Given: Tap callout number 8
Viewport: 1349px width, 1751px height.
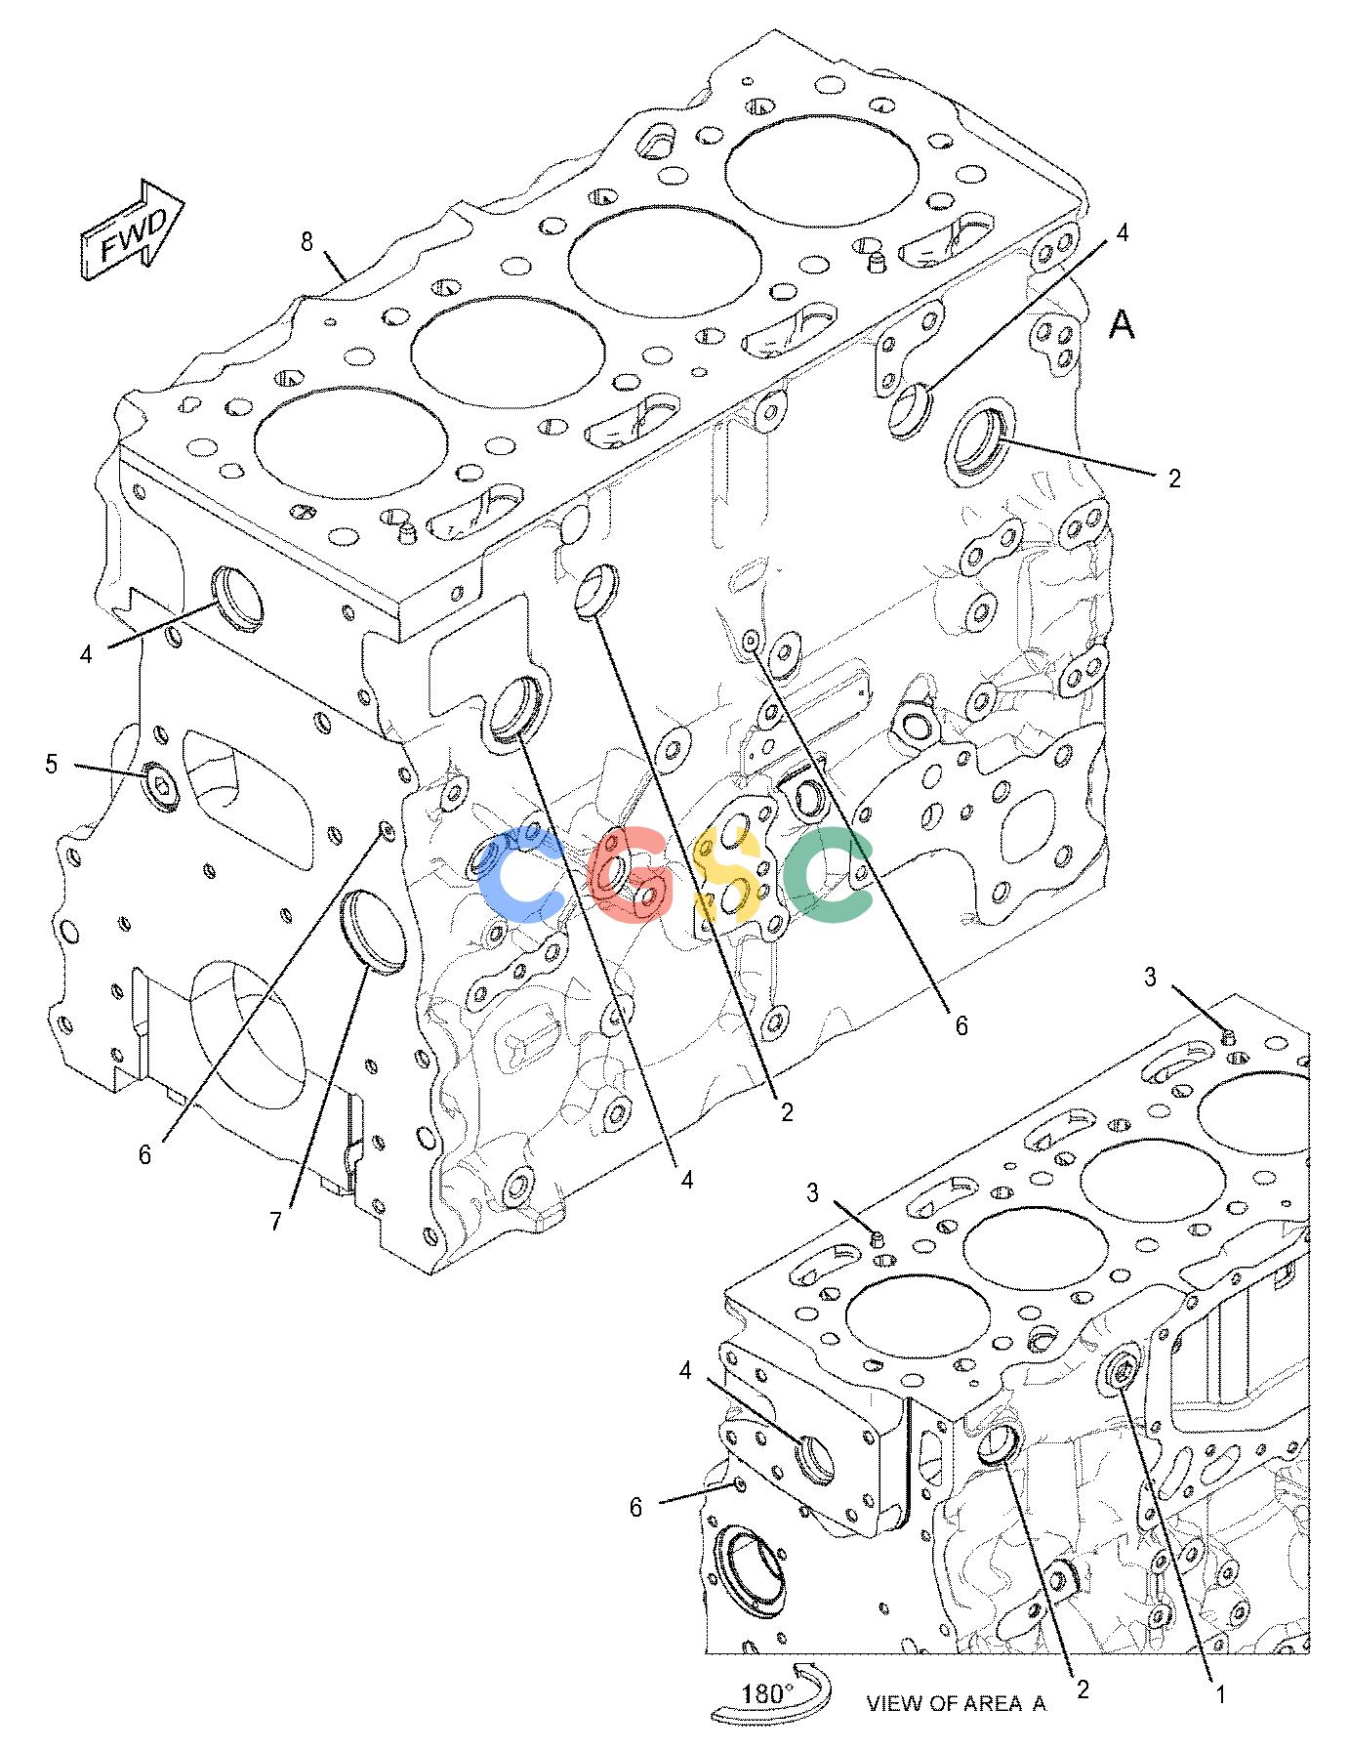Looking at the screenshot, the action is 307,241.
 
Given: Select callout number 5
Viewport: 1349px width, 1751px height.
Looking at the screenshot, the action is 52,764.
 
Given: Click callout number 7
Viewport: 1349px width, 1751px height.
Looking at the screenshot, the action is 276,1221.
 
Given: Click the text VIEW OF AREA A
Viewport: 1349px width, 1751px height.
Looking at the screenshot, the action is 956,1705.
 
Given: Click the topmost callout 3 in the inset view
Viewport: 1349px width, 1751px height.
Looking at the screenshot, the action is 1150,977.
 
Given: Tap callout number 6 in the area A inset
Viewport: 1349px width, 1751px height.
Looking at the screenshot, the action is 635,1508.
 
